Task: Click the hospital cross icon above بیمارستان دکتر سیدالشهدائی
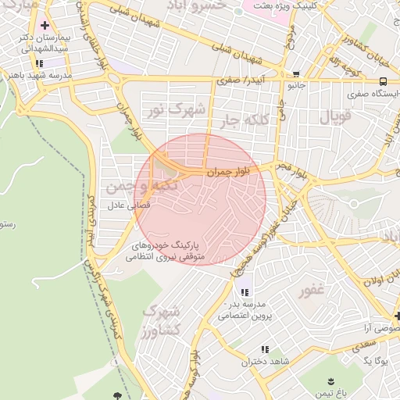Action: (x=45, y=26)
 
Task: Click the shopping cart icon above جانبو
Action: (x=295, y=75)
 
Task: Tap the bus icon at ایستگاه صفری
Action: (x=383, y=81)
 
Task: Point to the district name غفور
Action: (x=312, y=291)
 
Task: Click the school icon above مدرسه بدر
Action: (x=245, y=292)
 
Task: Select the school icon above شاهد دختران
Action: (x=265, y=349)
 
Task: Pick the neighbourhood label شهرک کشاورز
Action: (x=162, y=320)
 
